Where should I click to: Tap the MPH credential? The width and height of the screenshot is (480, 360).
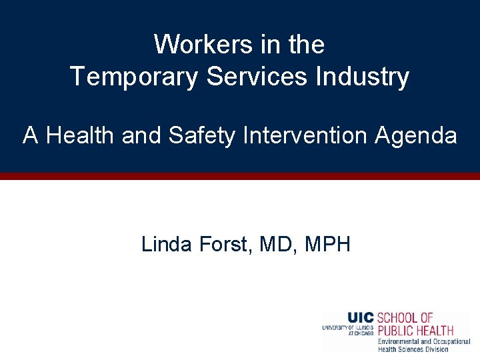click(x=327, y=245)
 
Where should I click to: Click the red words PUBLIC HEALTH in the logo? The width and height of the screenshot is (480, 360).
click(x=415, y=330)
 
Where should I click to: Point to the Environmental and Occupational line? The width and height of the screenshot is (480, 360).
click(x=424, y=341)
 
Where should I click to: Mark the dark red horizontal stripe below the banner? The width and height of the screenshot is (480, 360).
click(x=240, y=177)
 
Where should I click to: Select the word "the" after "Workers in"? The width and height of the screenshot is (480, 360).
click(x=307, y=45)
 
